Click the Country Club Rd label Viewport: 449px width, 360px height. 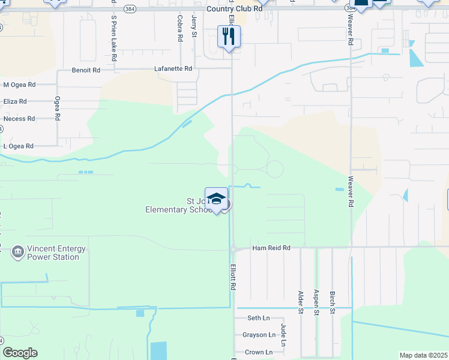pyautogui.click(x=234, y=9)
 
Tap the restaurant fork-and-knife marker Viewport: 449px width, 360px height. pyautogui.click(x=229, y=37)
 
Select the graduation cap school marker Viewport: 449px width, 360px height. pyautogui.click(x=216, y=199)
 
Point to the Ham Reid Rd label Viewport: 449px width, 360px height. pyautogui.click(x=271, y=248)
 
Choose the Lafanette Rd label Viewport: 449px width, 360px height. pyautogui.click(x=173, y=69)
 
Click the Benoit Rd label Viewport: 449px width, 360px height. pyautogui.click(x=86, y=70)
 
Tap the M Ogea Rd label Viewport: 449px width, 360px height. pyautogui.click(x=19, y=85)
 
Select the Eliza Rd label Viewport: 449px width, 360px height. pyautogui.click(x=14, y=101)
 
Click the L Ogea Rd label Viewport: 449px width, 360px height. pyautogui.click(x=19, y=146)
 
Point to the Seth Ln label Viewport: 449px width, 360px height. pyautogui.click(x=259, y=318)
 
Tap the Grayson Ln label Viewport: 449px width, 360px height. pyautogui.click(x=259, y=335)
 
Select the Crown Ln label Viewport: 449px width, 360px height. pyautogui.click(x=258, y=352)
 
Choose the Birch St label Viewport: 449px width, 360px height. pyautogui.click(x=332, y=302)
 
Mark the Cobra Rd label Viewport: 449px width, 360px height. pyautogui.click(x=179, y=28)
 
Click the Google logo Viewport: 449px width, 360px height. pyautogui.click(x=20, y=353)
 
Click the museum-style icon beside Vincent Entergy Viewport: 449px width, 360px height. pyautogui.click(x=17, y=251)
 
